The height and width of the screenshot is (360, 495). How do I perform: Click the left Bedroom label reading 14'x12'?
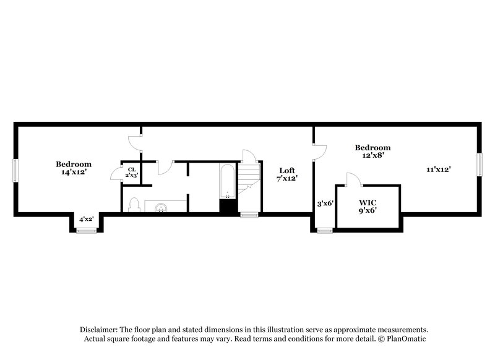coord(74,168)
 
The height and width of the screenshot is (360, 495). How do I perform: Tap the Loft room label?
coord(287,174)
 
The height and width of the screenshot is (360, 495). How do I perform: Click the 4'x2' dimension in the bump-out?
coord(86,219)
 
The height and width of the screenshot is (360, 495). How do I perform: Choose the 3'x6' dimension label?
coord(325,203)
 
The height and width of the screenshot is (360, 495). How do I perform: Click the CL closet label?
coord(131,172)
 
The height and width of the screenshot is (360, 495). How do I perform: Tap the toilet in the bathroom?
coord(134,205)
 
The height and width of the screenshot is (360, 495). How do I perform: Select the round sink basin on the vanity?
coord(161,207)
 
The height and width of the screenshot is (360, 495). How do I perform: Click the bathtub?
coord(227,181)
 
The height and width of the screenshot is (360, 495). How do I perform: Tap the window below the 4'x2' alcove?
coord(86,231)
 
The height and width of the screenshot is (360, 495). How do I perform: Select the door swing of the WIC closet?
coord(352,179)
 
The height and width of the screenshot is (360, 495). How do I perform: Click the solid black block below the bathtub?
coord(228,207)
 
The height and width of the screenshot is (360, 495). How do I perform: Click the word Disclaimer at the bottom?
coord(100,330)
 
